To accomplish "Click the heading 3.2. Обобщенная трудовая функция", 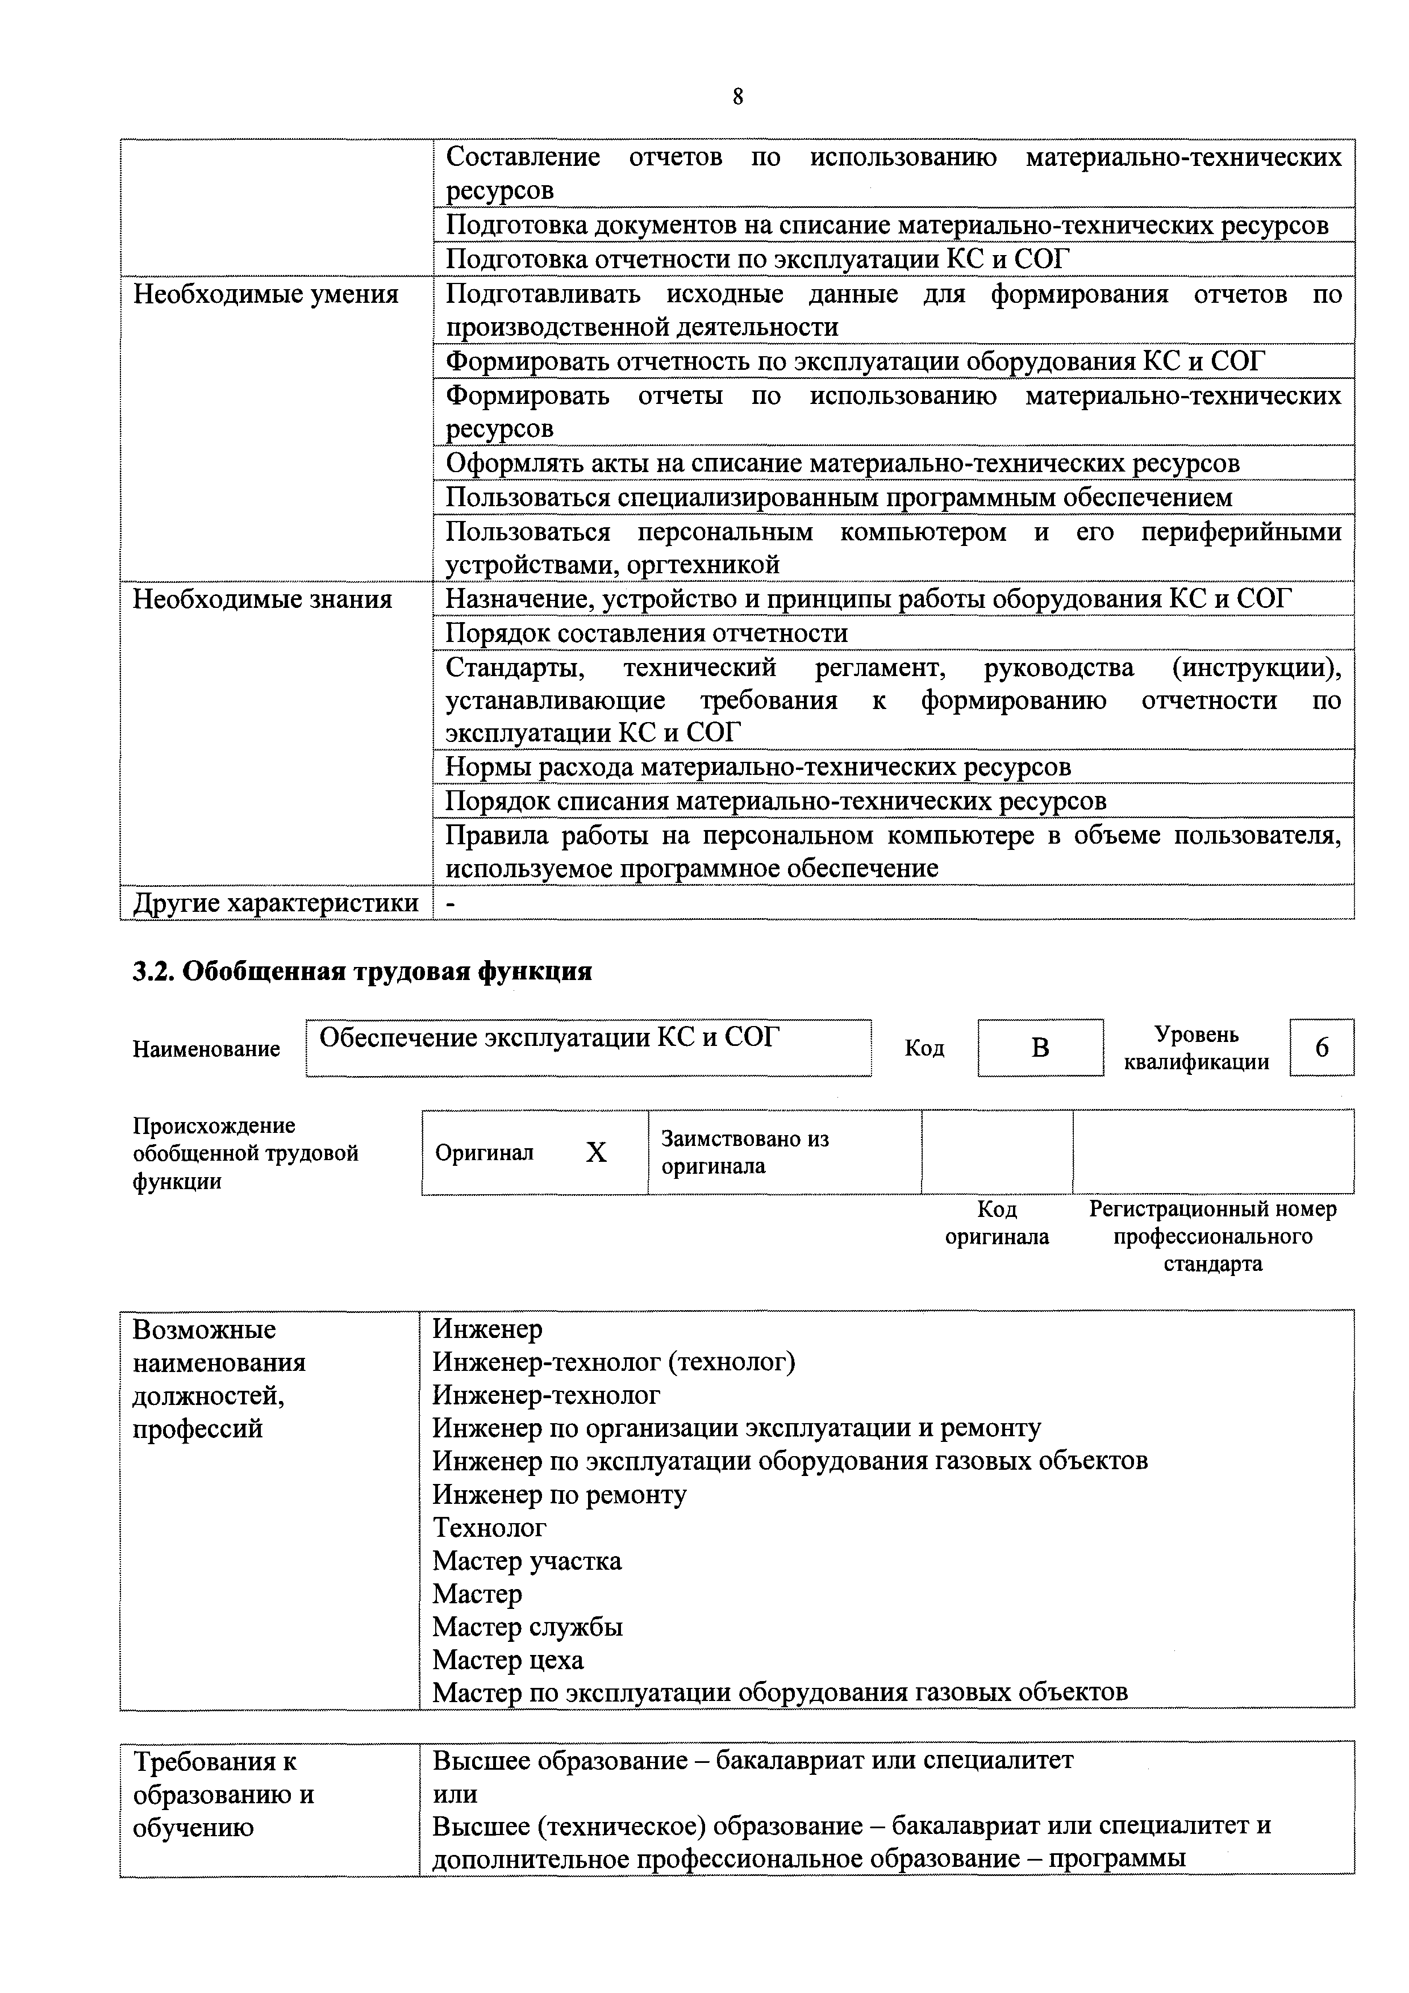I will pos(362,970).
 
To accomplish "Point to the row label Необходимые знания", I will pos(262,599).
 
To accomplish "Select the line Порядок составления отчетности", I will pos(646,633).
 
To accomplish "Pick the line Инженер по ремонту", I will pos(559,1494).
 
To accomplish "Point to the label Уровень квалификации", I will pos(1197,1048).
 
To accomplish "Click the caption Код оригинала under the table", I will pos(997,1222).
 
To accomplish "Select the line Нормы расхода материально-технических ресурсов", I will pos(758,766).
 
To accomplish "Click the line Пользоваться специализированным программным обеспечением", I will pos(839,497).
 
